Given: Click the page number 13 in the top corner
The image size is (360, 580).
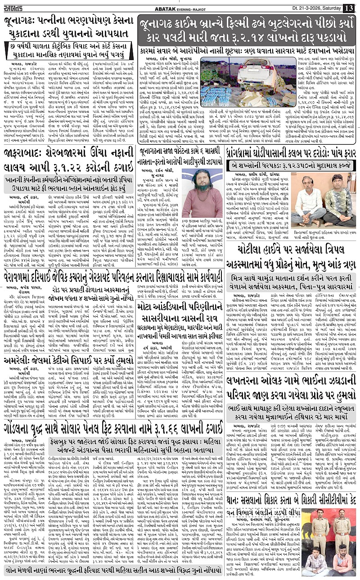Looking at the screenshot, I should click(349, 8).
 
